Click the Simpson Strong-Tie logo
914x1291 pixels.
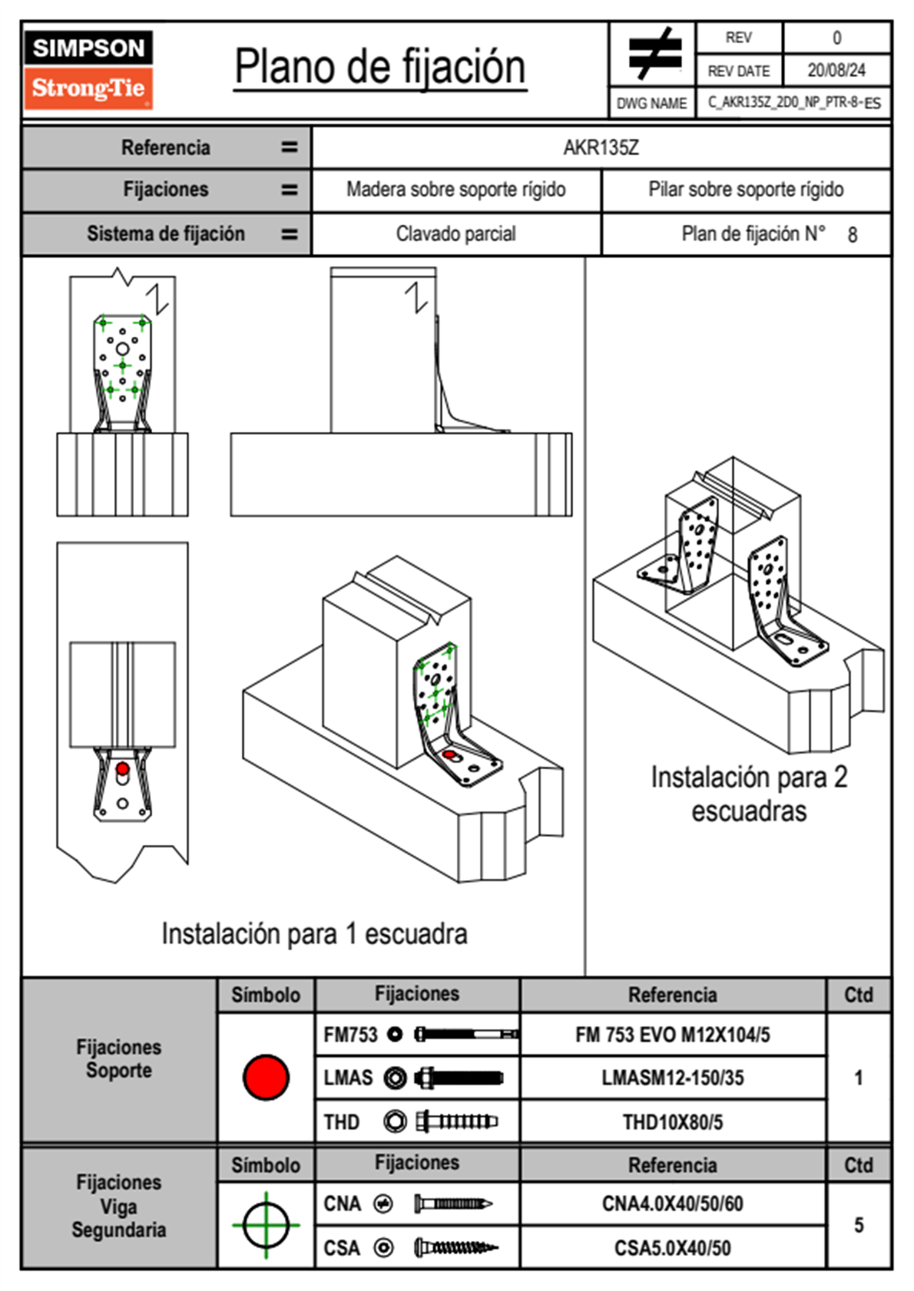click(x=88, y=70)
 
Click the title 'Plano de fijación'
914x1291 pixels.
click(x=380, y=68)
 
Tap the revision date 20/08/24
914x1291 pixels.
click(x=836, y=71)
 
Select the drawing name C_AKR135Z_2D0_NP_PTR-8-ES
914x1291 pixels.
click(x=793, y=103)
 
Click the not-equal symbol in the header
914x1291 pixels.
click(x=654, y=54)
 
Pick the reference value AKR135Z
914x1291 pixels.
click(x=601, y=147)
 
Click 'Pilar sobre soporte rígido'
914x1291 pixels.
click(x=745, y=190)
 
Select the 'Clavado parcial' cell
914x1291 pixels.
click(x=455, y=234)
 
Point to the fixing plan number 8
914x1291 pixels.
click(x=852, y=235)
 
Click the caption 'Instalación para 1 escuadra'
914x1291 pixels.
click(x=314, y=934)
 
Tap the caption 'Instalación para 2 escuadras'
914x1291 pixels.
click(x=749, y=794)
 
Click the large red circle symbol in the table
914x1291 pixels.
click(x=266, y=1077)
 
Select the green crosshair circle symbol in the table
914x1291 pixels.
click(x=266, y=1224)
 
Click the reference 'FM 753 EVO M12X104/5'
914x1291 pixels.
click(x=672, y=1035)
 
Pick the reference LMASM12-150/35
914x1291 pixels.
click(x=672, y=1078)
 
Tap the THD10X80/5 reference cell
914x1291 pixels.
click(x=672, y=1122)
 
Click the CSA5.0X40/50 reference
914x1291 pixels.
click(x=672, y=1248)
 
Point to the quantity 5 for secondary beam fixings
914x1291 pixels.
click(x=858, y=1225)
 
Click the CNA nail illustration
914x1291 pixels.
click(x=453, y=1204)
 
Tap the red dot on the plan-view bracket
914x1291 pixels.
click(x=122, y=768)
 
